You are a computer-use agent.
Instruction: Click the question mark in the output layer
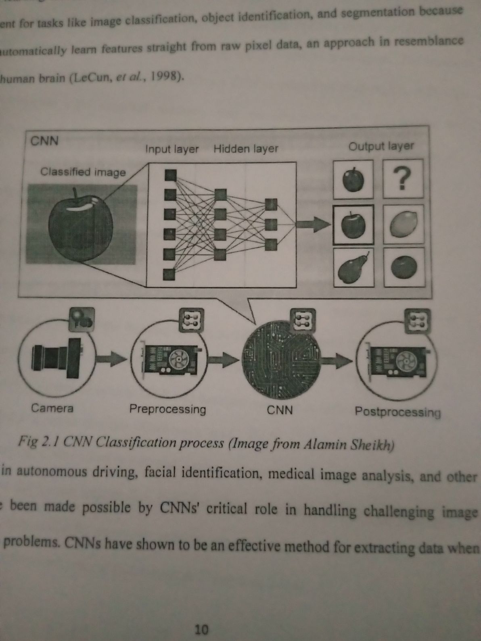403,178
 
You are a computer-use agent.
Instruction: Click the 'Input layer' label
172,149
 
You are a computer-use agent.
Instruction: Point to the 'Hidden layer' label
246,149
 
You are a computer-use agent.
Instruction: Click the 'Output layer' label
381,146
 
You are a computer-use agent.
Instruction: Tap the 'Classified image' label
83,172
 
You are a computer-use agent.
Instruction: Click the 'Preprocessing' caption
167,409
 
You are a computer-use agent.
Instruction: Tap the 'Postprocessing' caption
397,412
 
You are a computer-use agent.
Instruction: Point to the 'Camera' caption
52,408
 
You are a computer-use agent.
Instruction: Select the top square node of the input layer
170,175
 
